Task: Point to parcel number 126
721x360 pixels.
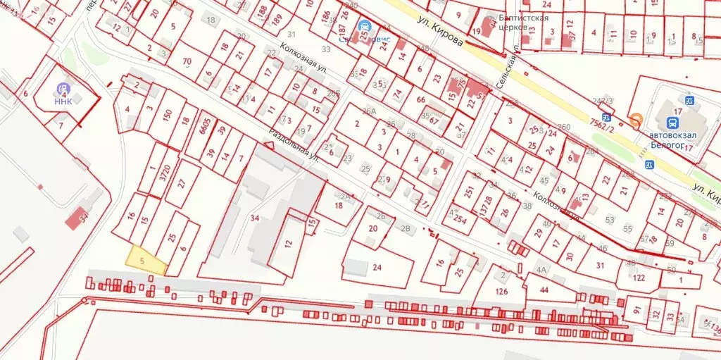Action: point(501,290)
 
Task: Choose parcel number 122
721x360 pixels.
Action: point(638,277)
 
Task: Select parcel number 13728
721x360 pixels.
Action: point(485,203)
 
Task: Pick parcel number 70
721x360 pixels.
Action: point(187,61)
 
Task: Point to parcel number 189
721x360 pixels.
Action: point(277,18)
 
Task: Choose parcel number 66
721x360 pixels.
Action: point(421,100)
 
